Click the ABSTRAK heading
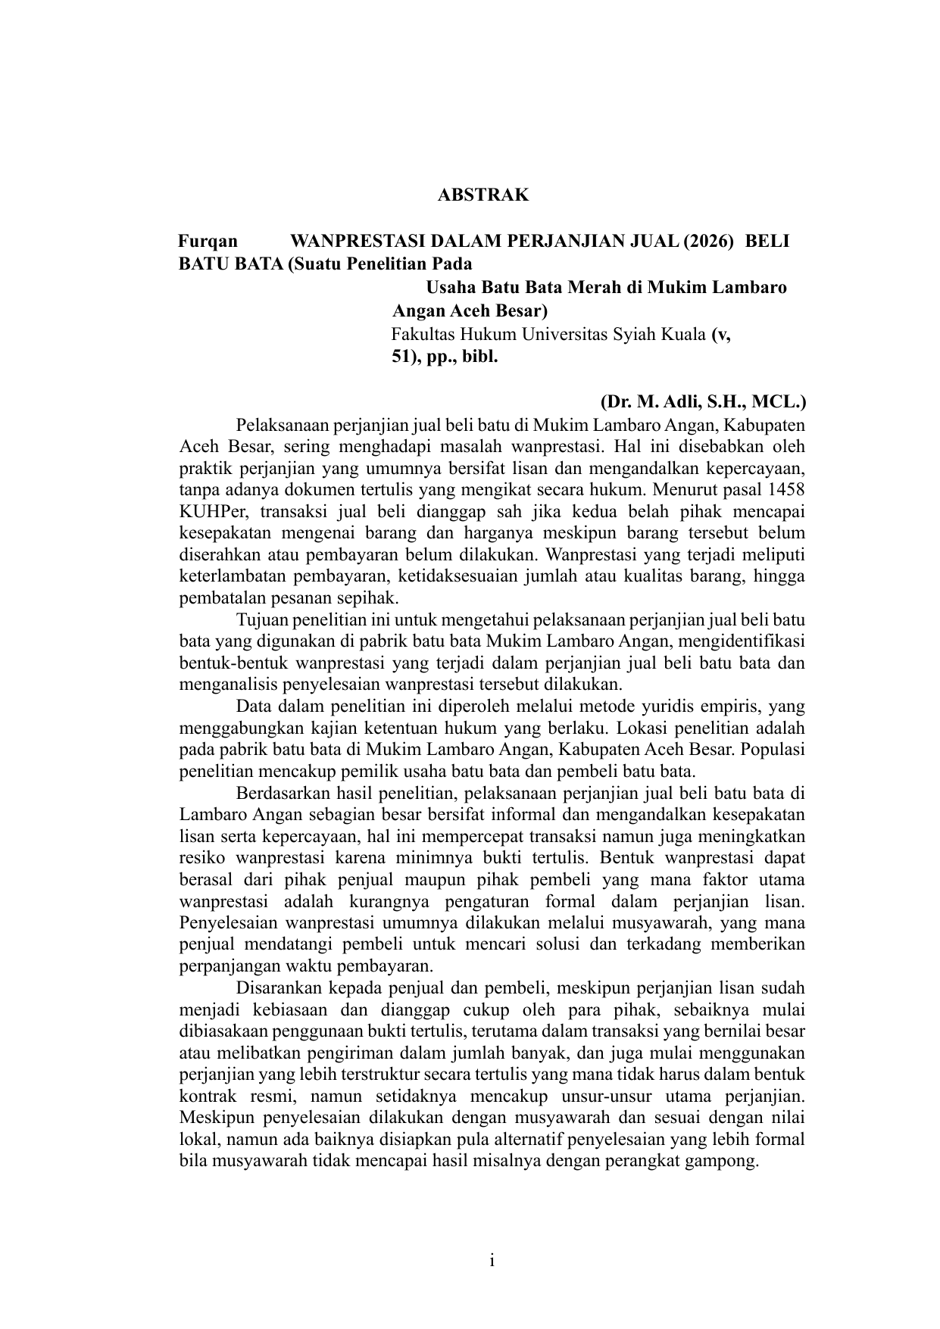click(482, 195)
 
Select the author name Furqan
click(208, 242)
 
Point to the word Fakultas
click(421, 334)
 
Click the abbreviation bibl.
click(480, 357)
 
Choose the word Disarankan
click(282, 989)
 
